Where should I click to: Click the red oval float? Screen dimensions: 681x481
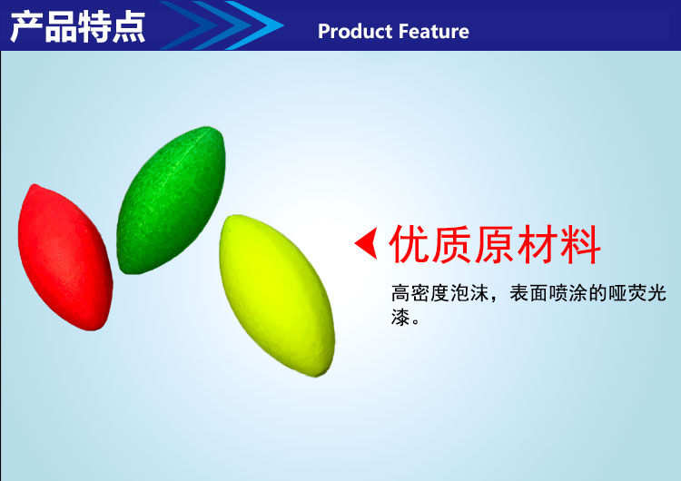pos(65,257)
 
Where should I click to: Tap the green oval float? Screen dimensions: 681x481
pos(171,200)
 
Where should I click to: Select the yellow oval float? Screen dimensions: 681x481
pos(277,295)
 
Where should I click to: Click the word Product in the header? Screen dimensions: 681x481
pos(355,32)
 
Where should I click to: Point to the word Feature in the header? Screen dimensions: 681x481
pos(433,32)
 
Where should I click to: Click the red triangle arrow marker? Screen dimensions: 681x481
pos(366,243)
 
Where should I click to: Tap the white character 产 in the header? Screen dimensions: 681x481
pos(26,27)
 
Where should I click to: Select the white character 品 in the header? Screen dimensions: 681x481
pos(60,27)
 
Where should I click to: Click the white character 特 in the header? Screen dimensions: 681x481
pos(94,27)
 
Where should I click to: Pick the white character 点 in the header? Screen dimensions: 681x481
pos(129,27)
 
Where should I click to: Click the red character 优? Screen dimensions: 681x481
pos(409,244)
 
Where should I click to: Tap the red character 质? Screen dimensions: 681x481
pos(451,244)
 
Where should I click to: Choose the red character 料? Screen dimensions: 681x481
pos(580,244)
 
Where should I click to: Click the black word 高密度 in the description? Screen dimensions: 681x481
pos(420,293)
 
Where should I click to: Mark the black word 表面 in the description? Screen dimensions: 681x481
pos(528,293)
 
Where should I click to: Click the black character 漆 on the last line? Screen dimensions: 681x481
pos(400,318)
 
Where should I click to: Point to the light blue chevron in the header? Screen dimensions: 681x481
pos(256,25)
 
